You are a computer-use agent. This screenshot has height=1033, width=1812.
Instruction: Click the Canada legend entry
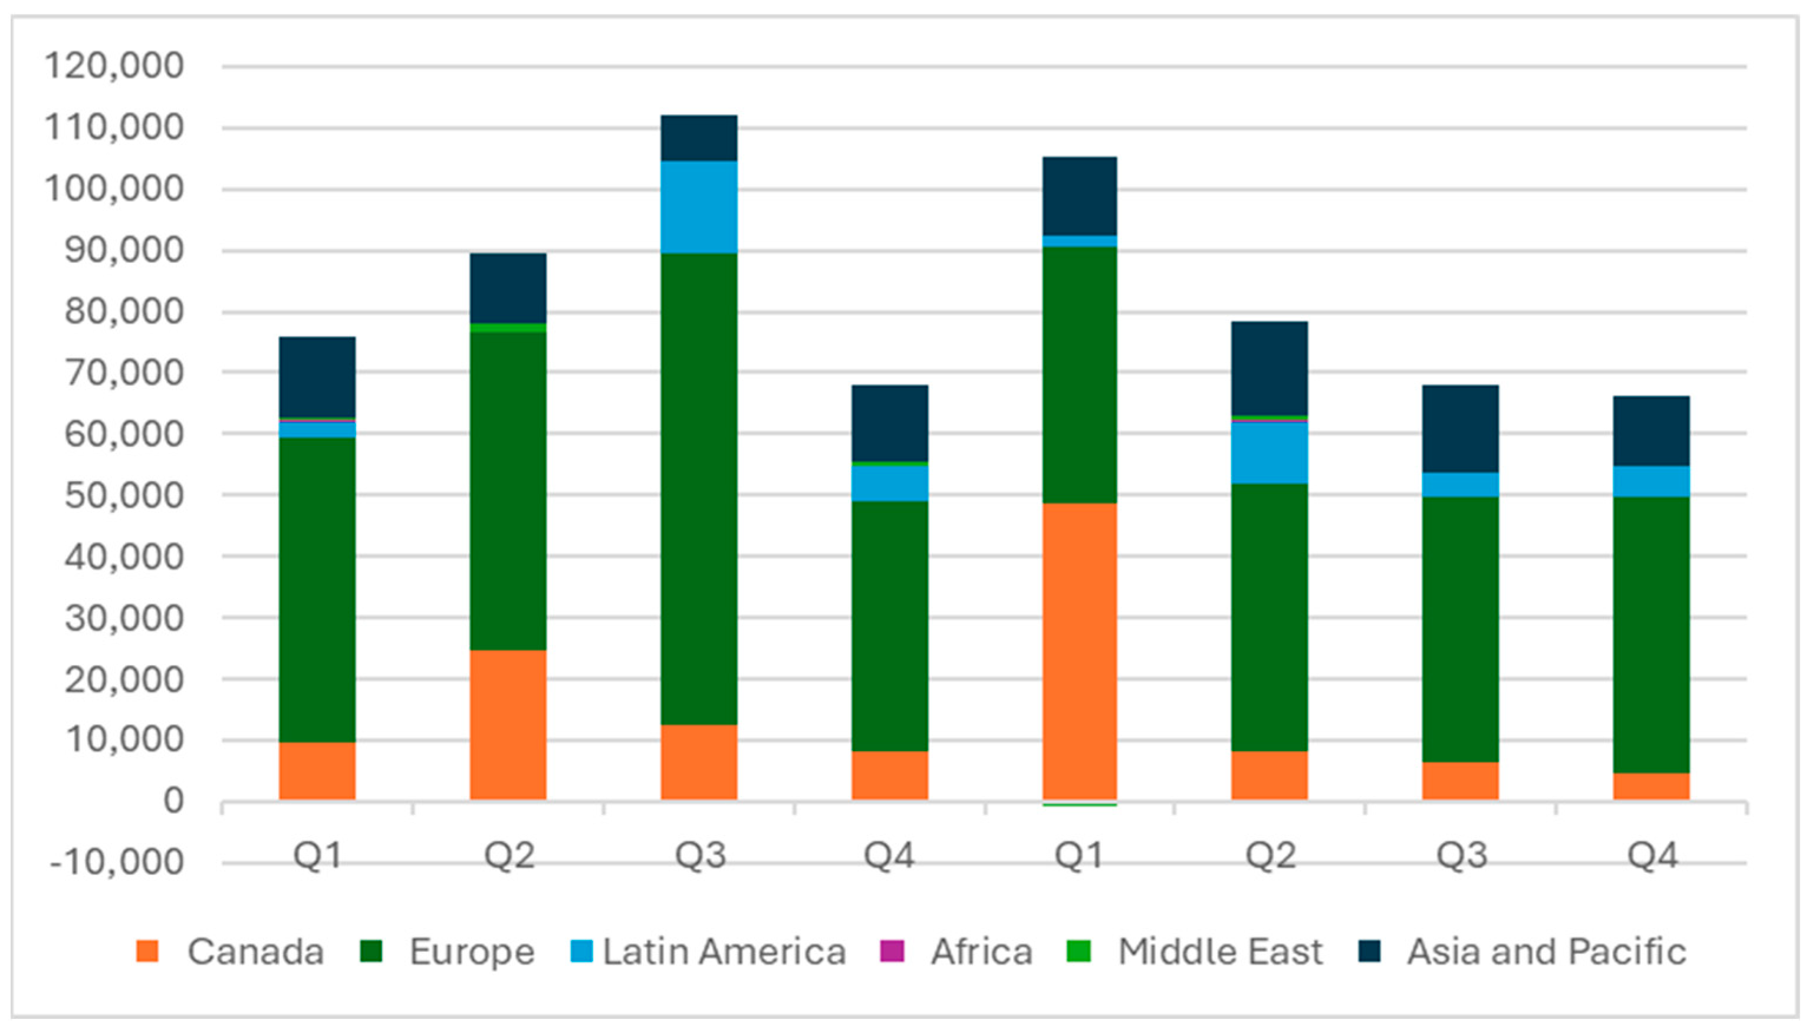click(231, 952)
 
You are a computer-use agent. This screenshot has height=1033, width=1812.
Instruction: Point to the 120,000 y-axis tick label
click(114, 66)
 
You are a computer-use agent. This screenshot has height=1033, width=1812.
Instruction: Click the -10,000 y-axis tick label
click(116, 863)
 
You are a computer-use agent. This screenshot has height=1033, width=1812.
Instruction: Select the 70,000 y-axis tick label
click(124, 373)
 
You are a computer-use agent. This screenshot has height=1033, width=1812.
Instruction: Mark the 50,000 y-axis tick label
click(124, 495)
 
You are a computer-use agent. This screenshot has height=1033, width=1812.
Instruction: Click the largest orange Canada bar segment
click(1080, 652)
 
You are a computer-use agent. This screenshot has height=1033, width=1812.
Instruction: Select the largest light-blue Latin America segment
click(699, 206)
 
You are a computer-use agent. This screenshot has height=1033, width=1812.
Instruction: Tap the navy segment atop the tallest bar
click(699, 137)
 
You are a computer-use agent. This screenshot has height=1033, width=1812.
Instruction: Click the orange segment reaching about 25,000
click(508, 725)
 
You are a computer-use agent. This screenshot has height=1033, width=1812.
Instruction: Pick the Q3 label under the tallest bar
click(699, 856)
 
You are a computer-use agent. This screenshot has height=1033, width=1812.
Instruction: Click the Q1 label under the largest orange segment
click(1078, 856)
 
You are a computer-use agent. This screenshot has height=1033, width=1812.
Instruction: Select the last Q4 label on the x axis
click(1652, 856)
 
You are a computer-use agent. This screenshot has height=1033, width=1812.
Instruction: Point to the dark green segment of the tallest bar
click(699, 488)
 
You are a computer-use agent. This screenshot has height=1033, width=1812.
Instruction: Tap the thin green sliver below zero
click(1080, 805)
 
